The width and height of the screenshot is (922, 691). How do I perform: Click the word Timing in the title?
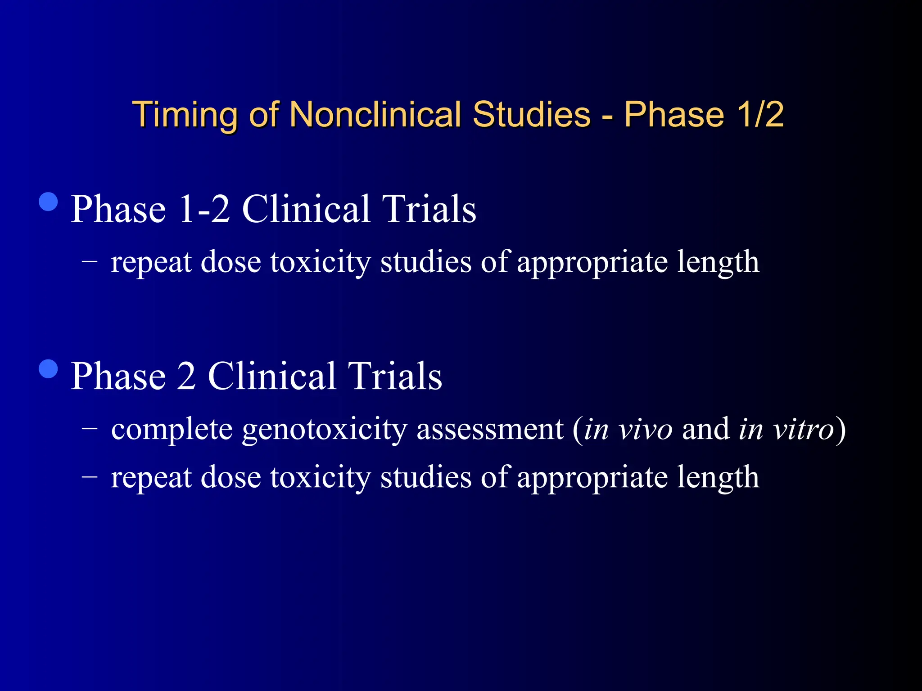coord(185,115)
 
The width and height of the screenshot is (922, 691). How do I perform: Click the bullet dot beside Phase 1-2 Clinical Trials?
coord(49,202)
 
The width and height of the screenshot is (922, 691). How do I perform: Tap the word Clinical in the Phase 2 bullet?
coord(272,376)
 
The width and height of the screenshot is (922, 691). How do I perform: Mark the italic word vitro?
coord(804,429)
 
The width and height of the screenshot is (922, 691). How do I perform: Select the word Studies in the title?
coord(531,114)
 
